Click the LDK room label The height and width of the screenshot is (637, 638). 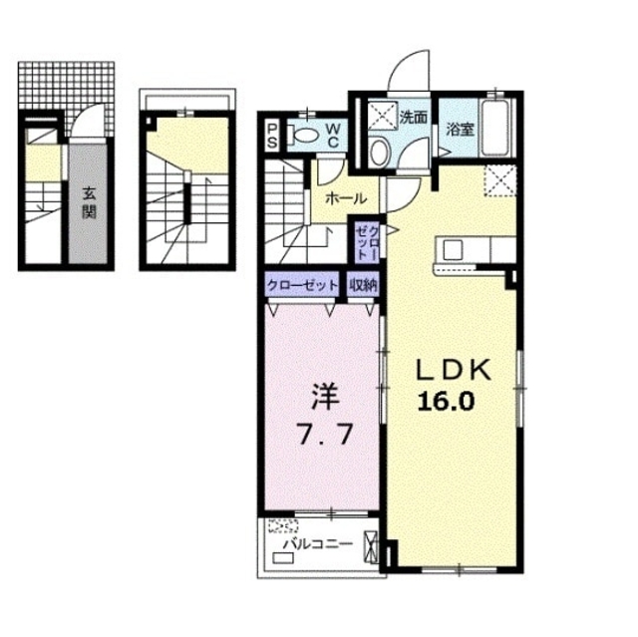453,371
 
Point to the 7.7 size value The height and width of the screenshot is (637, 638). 322,436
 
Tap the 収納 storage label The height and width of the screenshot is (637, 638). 363,285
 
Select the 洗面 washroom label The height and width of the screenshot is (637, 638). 414,117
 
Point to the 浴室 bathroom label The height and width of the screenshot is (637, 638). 459,130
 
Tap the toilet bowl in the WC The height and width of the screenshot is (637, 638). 308,134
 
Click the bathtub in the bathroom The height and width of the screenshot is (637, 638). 494,129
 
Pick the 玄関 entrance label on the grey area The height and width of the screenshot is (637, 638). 88,203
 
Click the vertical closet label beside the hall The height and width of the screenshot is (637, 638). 366,243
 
